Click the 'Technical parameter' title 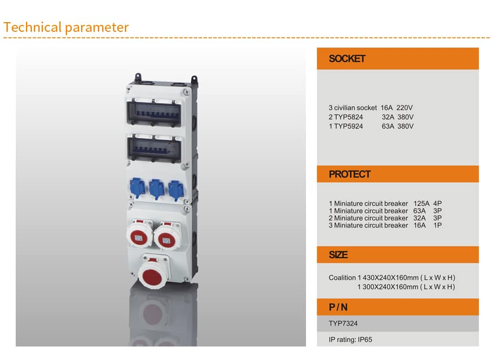[x=66, y=27]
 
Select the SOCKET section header [x=347, y=58]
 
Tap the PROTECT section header [x=350, y=174]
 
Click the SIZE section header [x=338, y=255]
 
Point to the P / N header [x=338, y=307]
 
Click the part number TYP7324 [x=343, y=323]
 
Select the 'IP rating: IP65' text [x=350, y=339]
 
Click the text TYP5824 [x=348, y=117]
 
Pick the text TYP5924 [x=348, y=126]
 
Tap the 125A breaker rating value [x=421, y=204]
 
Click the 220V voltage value [x=404, y=108]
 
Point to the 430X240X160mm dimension [x=390, y=278]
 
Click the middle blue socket [x=157, y=189]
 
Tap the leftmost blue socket [x=137, y=188]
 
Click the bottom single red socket [x=152, y=273]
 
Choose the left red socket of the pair [x=139, y=235]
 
